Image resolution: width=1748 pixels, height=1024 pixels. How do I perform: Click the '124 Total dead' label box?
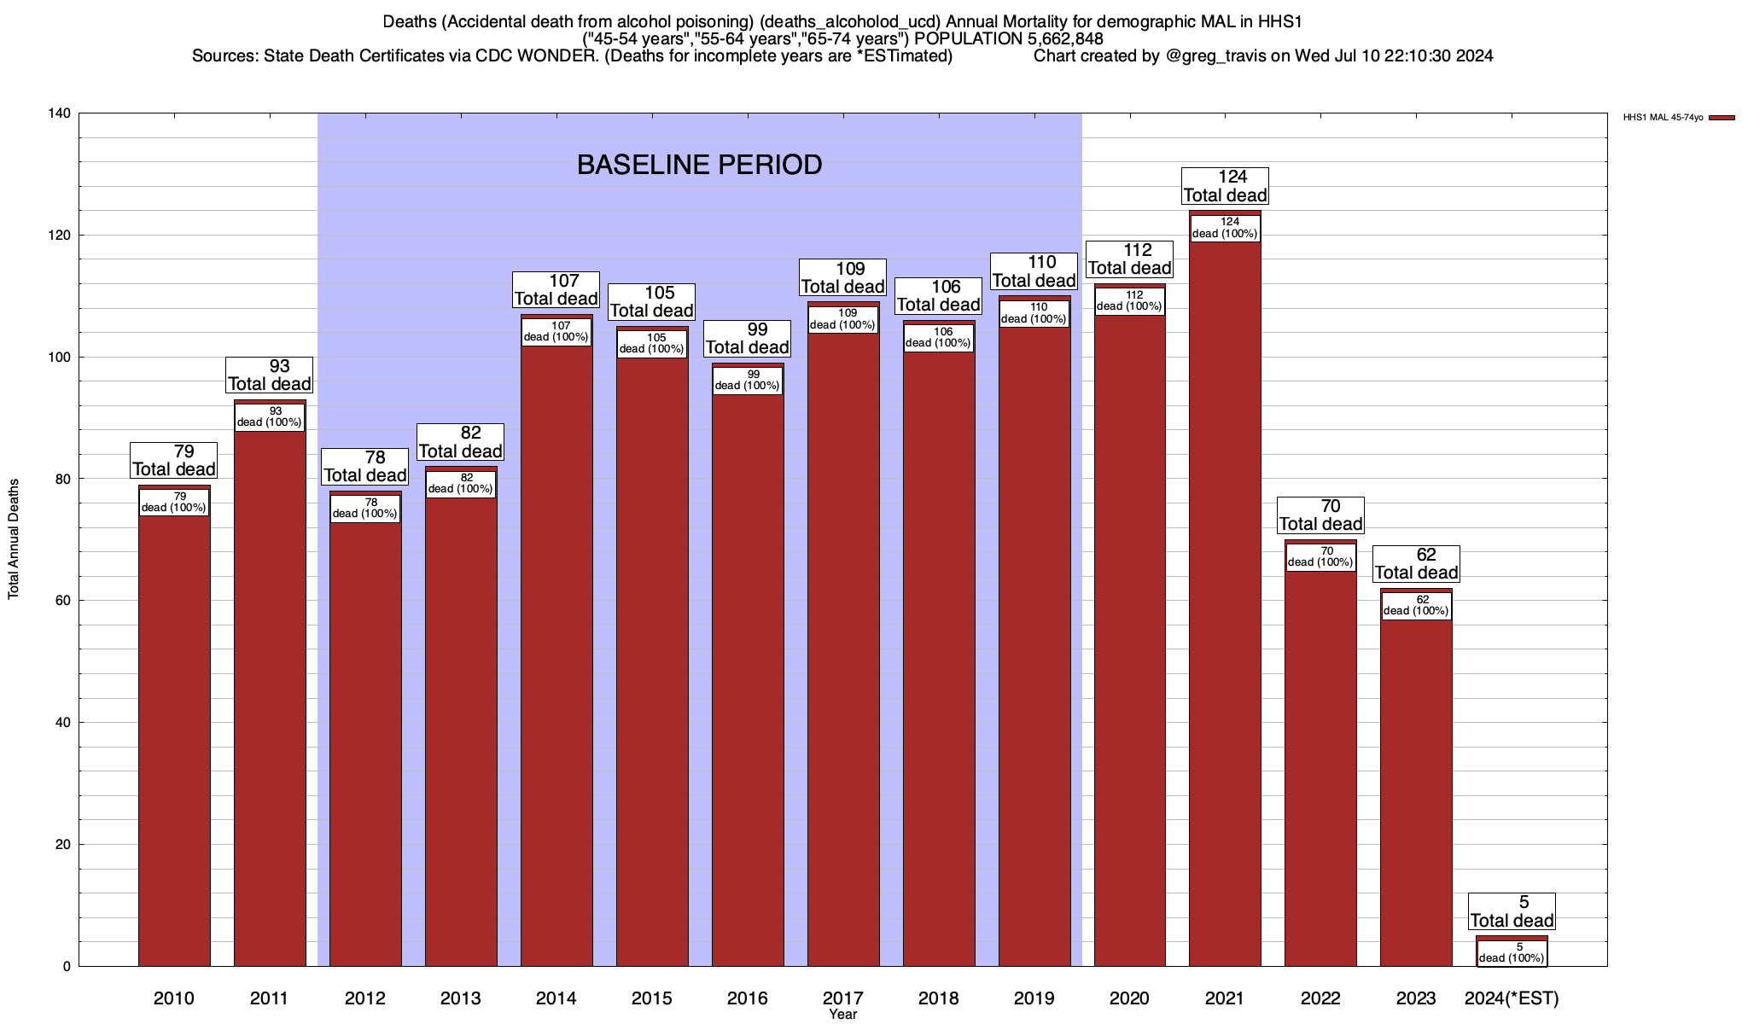coord(1225,186)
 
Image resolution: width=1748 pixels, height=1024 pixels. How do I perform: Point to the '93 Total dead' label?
coord(270,375)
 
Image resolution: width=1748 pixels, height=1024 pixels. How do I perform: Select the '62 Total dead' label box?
coord(1416,564)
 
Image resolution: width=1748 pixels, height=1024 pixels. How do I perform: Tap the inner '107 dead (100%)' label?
coord(556,331)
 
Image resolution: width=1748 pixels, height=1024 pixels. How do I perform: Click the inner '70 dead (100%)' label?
coord(1320,557)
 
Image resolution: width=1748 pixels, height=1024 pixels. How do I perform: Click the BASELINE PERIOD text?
coord(699,165)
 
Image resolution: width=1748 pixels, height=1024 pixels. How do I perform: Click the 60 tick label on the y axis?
coord(63,601)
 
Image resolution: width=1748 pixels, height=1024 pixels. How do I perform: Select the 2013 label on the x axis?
coord(461,998)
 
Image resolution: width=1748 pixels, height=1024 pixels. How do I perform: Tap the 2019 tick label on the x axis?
coord(1034,998)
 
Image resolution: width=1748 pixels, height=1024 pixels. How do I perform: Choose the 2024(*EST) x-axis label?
coord(1512,998)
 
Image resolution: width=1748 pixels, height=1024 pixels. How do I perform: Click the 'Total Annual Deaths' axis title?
coord(14,538)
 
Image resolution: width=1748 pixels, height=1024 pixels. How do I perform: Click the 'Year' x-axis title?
coord(842,1015)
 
